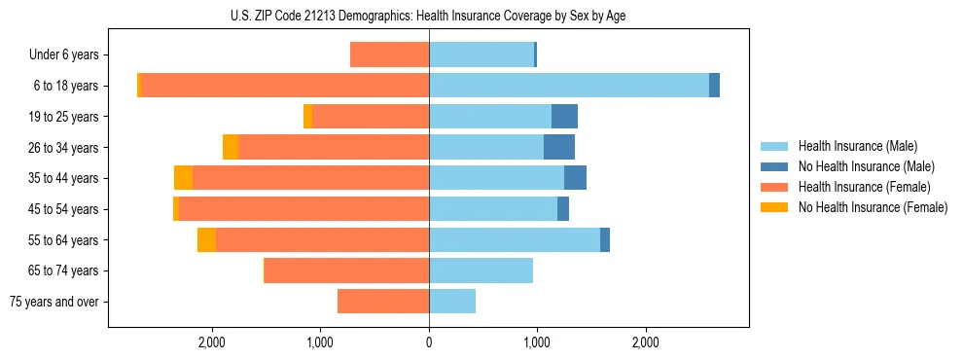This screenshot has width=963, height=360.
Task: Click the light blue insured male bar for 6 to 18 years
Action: (569, 86)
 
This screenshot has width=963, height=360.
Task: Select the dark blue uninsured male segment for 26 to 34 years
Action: (559, 147)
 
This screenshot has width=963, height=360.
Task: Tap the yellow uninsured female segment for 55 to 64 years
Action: (206, 240)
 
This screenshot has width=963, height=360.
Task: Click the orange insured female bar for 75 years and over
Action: (383, 302)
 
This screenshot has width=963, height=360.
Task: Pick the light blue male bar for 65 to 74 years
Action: (481, 270)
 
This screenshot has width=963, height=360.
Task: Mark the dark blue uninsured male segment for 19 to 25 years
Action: (564, 117)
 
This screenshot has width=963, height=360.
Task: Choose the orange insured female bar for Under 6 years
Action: (389, 55)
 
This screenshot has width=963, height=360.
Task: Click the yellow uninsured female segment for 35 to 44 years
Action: (183, 178)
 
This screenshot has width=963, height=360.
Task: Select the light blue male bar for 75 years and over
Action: (452, 302)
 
